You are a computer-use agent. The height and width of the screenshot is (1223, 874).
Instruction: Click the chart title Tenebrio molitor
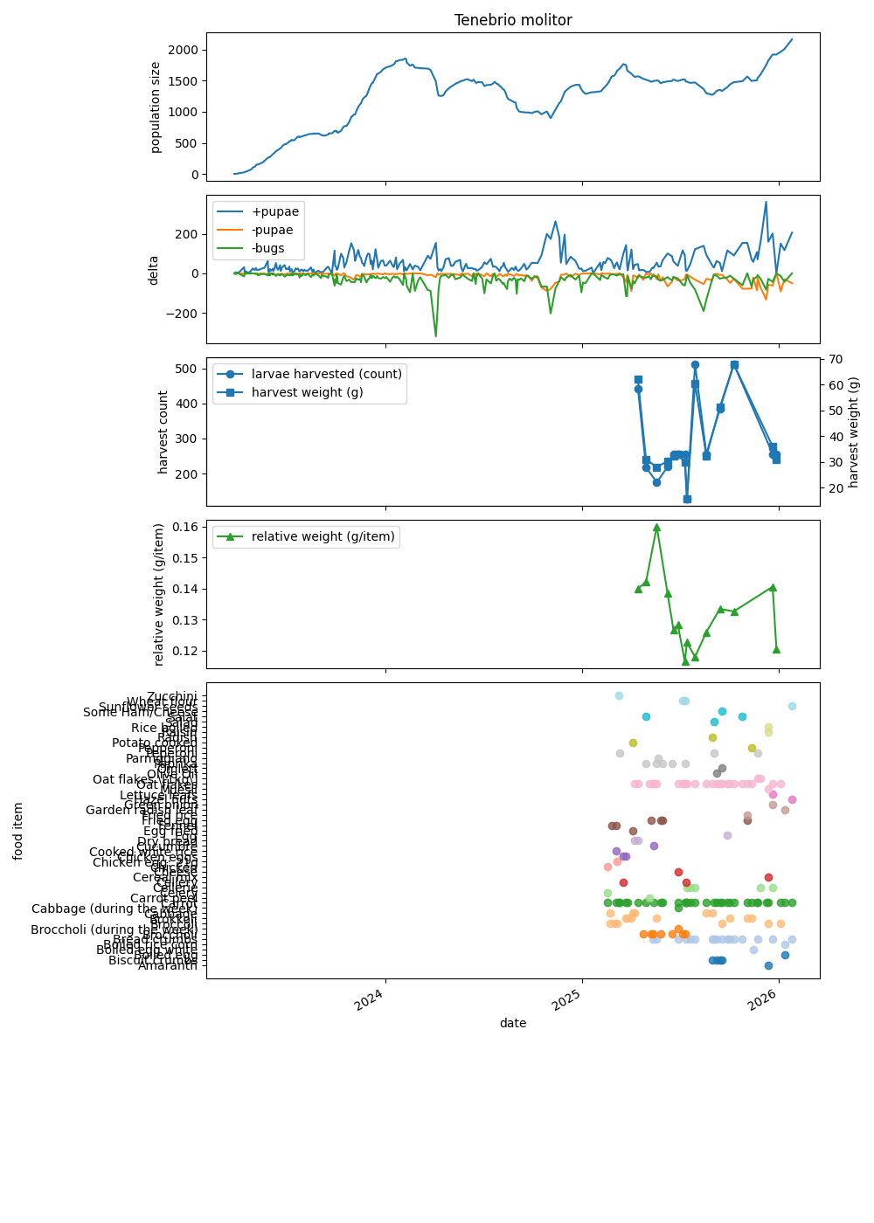coord(513,20)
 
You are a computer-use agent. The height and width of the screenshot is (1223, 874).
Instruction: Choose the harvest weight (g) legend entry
coord(307,392)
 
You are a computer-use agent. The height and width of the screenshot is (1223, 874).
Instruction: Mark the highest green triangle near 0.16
coord(656,527)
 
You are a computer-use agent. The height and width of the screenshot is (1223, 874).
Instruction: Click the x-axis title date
coord(513,1023)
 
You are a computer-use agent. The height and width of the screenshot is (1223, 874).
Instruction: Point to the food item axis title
coord(18,831)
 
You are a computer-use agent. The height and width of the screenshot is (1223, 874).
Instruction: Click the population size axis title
coord(156,107)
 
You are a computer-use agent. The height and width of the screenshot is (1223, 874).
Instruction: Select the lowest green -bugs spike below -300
coord(435,335)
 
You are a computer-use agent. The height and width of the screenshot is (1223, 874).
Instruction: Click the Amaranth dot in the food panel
coord(768,965)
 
